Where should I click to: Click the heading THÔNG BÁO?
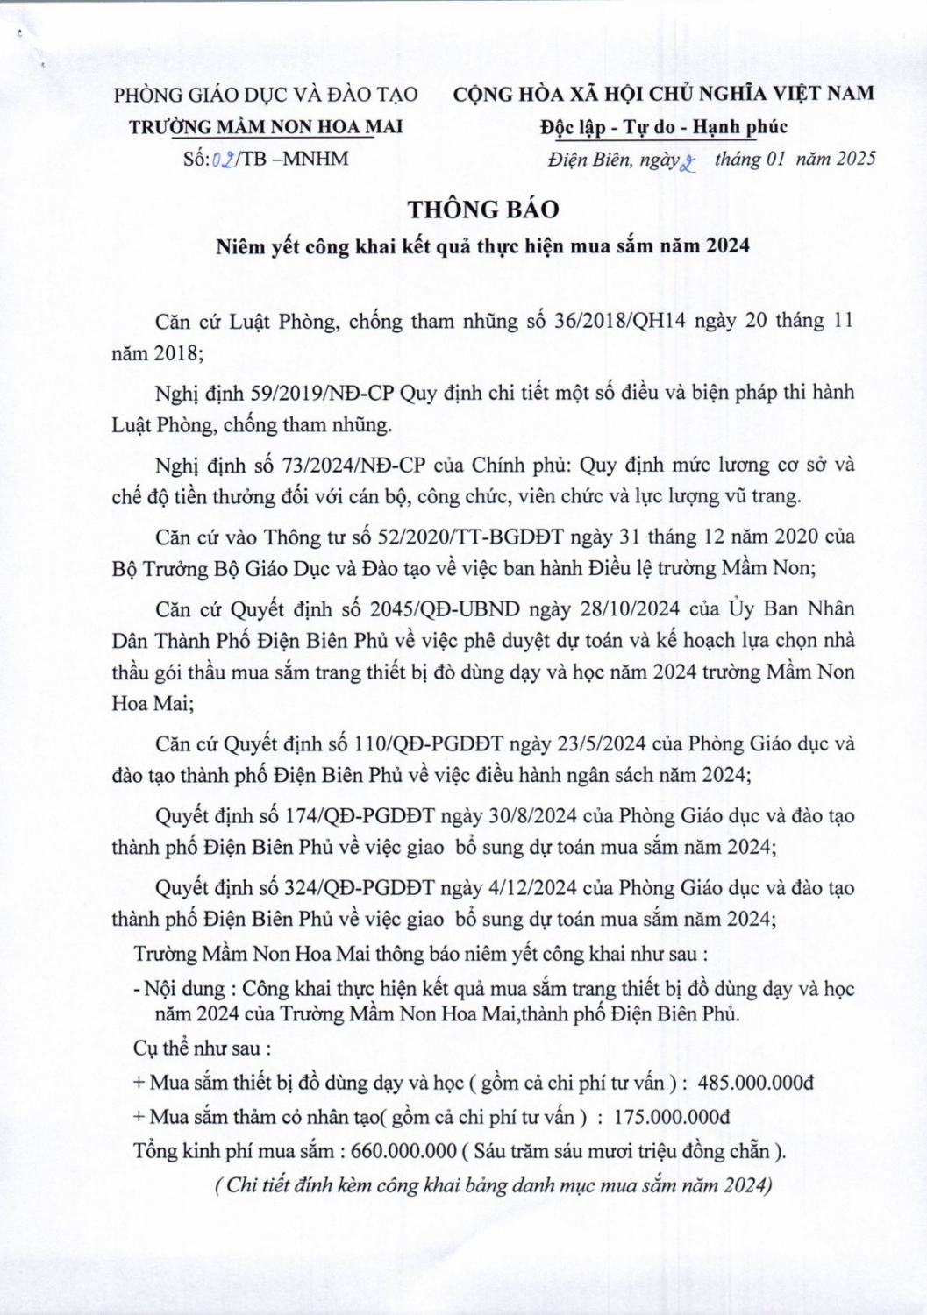[x=481, y=210]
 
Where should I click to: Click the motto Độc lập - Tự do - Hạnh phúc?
[x=663, y=127]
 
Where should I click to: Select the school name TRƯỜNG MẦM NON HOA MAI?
[x=266, y=127]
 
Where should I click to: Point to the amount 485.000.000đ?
[x=755, y=1083]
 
